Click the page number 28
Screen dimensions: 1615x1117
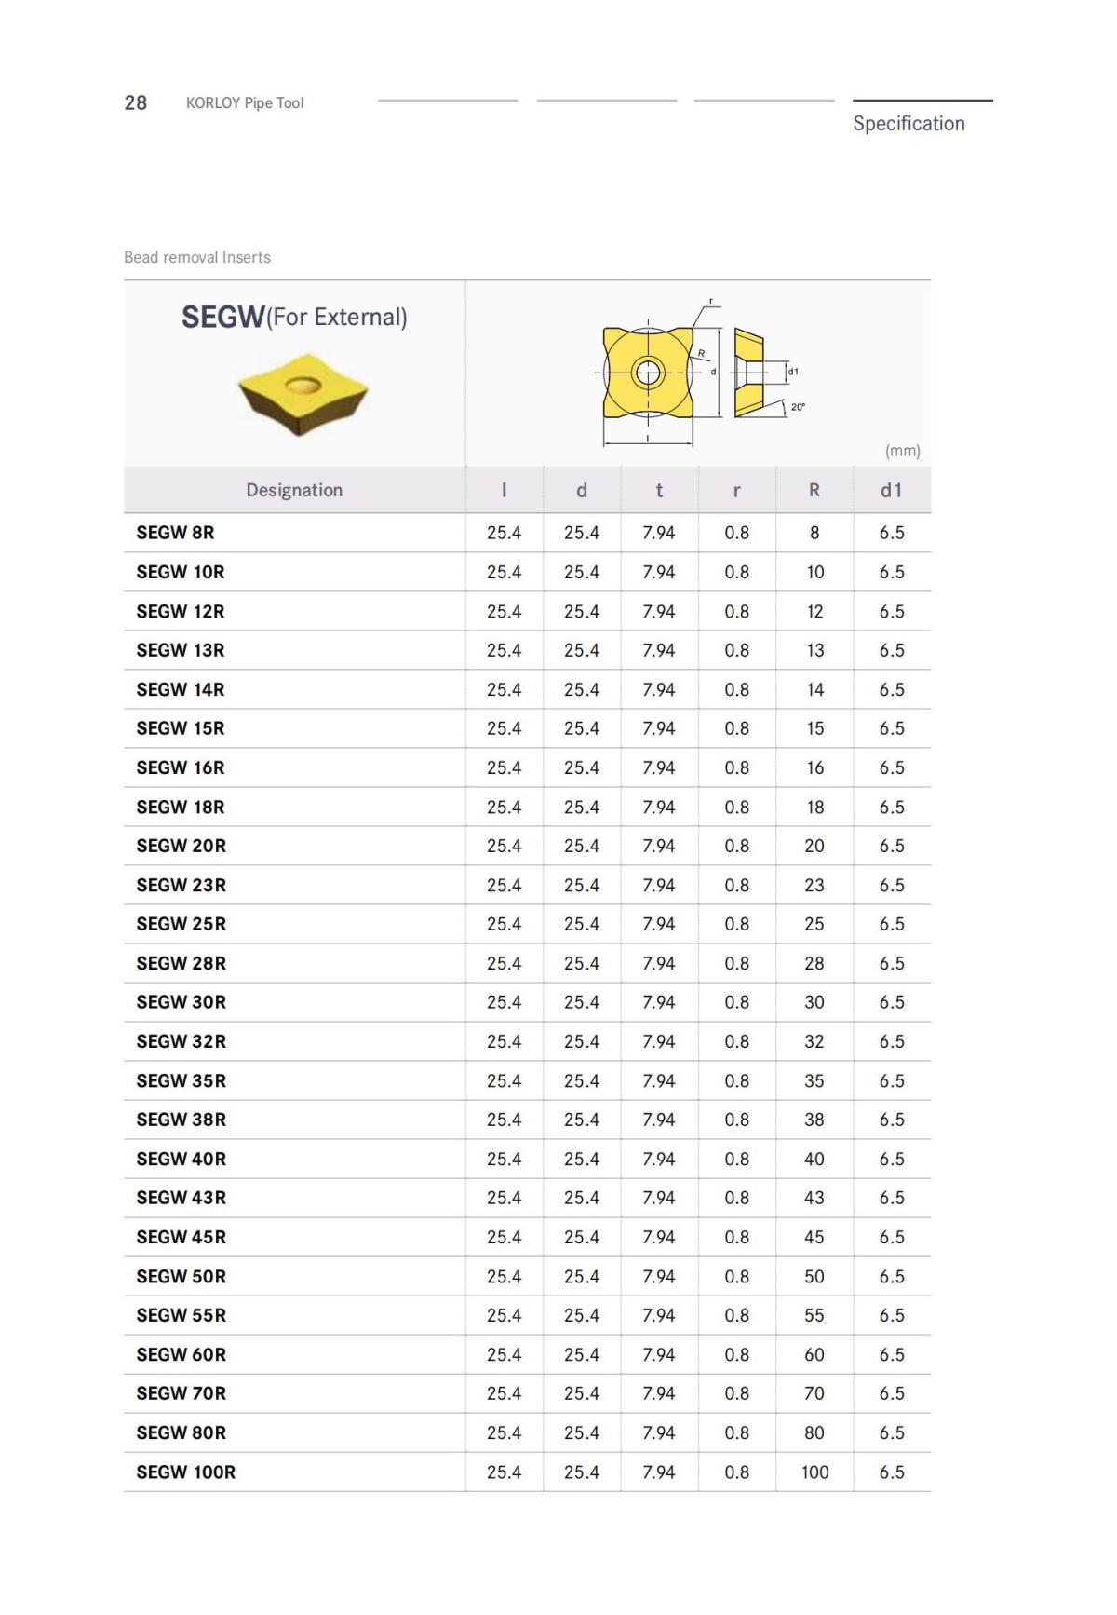pyautogui.click(x=136, y=102)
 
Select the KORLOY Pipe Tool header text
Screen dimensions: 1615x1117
pyautogui.click(x=245, y=102)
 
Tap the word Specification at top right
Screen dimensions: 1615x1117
pyautogui.click(x=908, y=123)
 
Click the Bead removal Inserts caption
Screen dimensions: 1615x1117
pyautogui.click(x=197, y=257)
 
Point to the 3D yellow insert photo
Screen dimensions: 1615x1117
pyautogui.click(x=303, y=392)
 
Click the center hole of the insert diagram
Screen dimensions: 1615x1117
pyautogui.click(x=648, y=373)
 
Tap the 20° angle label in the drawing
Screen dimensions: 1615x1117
pyautogui.click(x=798, y=407)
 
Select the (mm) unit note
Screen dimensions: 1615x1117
pyautogui.click(x=902, y=451)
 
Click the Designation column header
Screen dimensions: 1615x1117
pyautogui.click(x=294, y=490)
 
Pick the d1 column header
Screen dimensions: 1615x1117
pyautogui.click(x=891, y=490)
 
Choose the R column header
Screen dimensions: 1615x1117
pyautogui.click(x=814, y=490)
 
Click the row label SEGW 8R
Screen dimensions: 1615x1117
pyautogui.click(x=175, y=533)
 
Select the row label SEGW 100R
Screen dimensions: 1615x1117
pyautogui.click(x=186, y=1472)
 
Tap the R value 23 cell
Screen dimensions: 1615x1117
pyautogui.click(x=814, y=885)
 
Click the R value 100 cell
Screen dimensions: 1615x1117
pyautogui.click(x=814, y=1472)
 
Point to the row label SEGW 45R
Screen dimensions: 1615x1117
pyautogui.click(x=182, y=1237)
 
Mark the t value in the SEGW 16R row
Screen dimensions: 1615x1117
pyautogui.click(x=659, y=767)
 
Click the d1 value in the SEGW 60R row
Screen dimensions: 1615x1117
pyautogui.click(x=891, y=1354)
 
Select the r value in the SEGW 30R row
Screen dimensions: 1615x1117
pyautogui.click(x=736, y=1002)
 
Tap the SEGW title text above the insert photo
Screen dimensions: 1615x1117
pyautogui.click(x=223, y=318)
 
